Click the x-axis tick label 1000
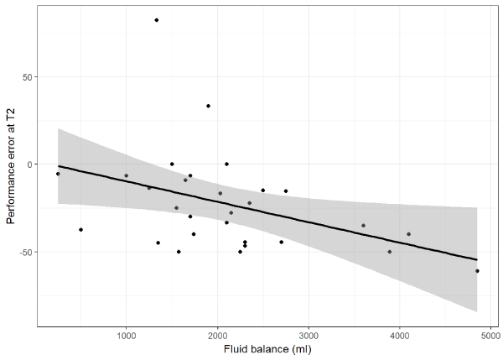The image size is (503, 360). (x=126, y=337)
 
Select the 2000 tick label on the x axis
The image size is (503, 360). (x=218, y=337)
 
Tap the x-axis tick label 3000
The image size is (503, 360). (x=309, y=337)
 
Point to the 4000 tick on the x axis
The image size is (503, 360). (x=401, y=337)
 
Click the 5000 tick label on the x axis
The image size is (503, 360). (x=492, y=337)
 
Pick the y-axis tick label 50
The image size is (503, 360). (x=28, y=77)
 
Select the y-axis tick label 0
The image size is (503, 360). (x=30, y=164)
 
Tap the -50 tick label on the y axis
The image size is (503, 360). (x=26, y=252)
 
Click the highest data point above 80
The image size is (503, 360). (x=157, y=20)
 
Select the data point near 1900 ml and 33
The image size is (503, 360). (x=208, y=106)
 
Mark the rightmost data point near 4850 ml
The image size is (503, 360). (x=477, y=271)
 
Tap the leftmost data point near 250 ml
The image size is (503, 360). (x=58, y=174)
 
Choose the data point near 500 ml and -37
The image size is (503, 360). (x=80, y=229)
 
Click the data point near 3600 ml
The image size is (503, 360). (x=363, y=225)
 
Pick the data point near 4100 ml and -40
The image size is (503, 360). (x=409, y=234)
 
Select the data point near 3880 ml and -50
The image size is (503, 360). (x=389, y=252)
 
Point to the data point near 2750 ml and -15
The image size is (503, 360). (x=285, y=190)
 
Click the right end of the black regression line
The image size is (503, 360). (x=477, y=259)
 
